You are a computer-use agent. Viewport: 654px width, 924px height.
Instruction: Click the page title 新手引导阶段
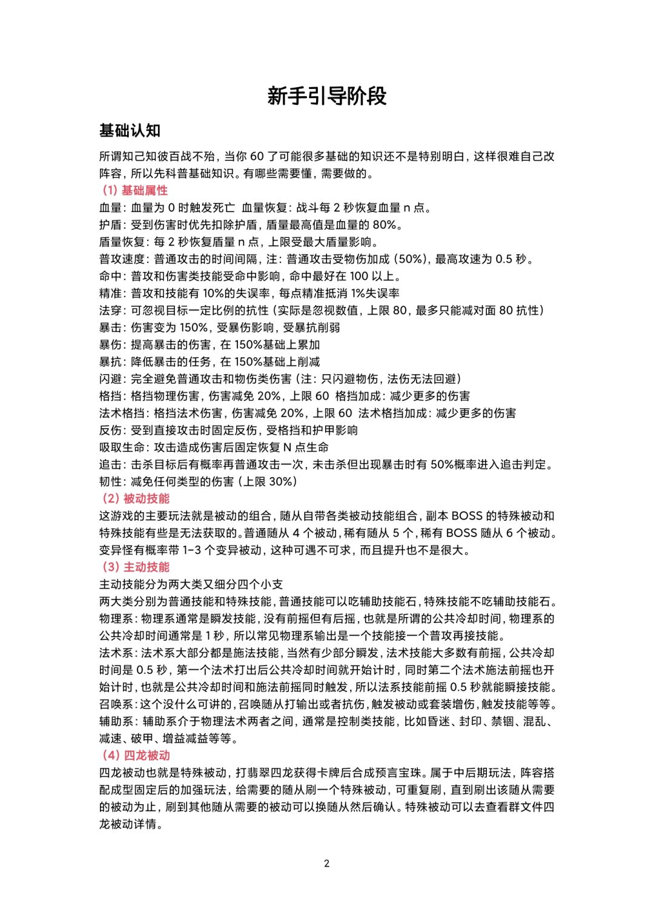point(327,96)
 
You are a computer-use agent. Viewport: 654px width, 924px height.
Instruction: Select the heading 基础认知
point(130,131)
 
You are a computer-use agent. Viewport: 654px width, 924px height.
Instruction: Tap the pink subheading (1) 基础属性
point(134,191)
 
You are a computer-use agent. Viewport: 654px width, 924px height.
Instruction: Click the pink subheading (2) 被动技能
point(136,499)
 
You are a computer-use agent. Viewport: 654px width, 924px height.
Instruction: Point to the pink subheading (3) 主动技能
point(136,567)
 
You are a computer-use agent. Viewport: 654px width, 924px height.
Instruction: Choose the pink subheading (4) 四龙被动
point(136,756)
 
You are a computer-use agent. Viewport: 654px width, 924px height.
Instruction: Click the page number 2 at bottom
point(327,863)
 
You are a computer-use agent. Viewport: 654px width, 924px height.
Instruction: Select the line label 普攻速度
point(122,259)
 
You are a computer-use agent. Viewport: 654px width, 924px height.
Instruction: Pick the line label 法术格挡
point(122,414)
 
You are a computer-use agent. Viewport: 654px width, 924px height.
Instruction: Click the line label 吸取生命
point(122,447)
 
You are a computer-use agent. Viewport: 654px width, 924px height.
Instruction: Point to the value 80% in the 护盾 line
point(385,225)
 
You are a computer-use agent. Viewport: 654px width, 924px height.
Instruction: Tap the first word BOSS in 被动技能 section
point(467,516)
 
